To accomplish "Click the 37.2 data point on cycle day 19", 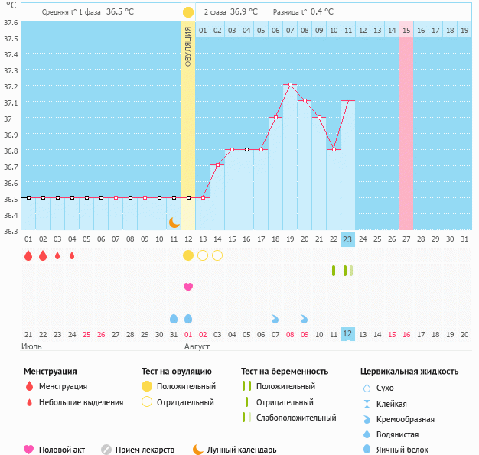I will point(290,85).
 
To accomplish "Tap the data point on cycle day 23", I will point(348,101).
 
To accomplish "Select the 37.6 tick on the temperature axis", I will point(11,22).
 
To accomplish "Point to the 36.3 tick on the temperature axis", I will point(11,231).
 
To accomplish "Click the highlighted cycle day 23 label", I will point(347,239).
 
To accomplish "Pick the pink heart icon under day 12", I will point(188,287).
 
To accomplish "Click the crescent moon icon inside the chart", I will point(174,222).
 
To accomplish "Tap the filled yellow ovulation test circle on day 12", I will point(188,255).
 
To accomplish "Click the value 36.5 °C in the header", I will point(119,12).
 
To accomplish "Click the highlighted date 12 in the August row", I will point(347,334).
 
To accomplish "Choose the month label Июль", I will point(31,346).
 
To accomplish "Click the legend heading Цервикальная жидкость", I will point(409,371).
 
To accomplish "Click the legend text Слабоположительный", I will point(296,418).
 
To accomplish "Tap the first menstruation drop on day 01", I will point(28,255).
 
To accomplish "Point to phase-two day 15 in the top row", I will point(406,30).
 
